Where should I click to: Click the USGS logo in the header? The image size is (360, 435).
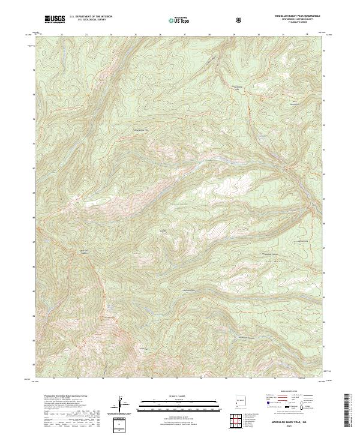point(55,20)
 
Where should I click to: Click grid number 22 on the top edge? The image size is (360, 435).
point(62,35)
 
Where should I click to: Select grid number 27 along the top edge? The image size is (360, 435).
point(184,35)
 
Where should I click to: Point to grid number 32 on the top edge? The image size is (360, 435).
point(307,35)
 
